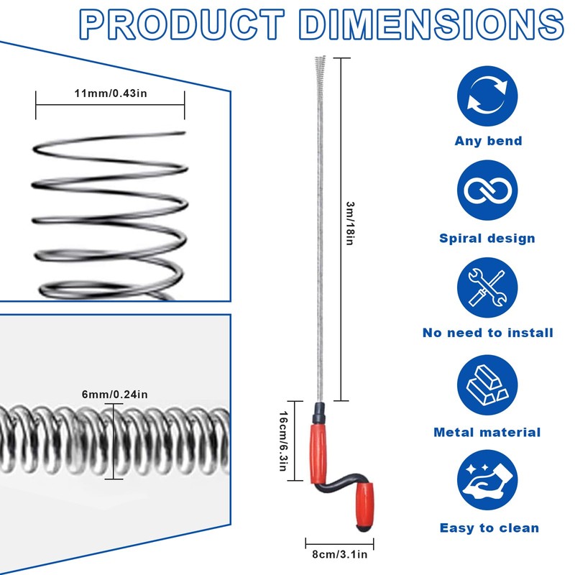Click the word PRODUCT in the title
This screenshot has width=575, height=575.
pyautogui.click(x=181, y=25)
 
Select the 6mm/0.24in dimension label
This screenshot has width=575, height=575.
pyautogui.click(x=115, y=394)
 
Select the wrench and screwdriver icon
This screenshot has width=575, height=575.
pyautogui.click(x=488, y=288)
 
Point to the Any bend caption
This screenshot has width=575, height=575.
pyautogui.click(x=488, y=141)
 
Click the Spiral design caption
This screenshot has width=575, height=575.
pyautogui.click(x=488, y=238)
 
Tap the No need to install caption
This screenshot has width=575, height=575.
pyautogui.click(x=488, y=333)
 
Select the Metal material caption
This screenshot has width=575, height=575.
pyautogui.click(x=488, y=432)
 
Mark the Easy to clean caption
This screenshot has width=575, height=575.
pyautogui.click(x=489, y=528)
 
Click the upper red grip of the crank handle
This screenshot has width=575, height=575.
pyautogui.click(x=321, y=446)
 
